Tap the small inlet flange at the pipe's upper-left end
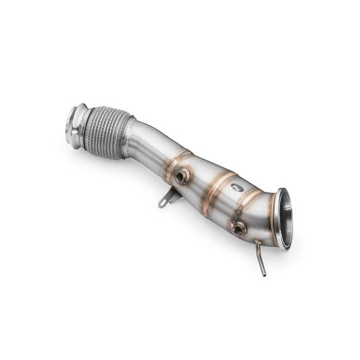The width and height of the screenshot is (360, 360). [x=76, y=124]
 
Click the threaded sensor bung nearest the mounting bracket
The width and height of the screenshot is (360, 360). [x=182, y=177]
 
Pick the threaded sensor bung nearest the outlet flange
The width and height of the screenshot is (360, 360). [x=238, y=228]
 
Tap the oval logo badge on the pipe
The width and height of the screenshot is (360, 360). [x=237, y=187]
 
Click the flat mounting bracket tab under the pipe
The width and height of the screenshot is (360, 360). [x=169, y=198]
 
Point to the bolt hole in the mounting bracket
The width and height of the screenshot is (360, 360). [x=163, y=203]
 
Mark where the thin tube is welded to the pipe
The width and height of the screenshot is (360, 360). [x=257, y=243]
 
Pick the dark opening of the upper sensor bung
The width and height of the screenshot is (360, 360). [x=182, y=177]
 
